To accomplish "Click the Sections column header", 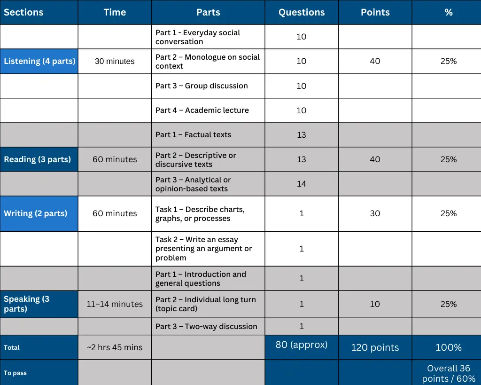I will click(x=23, y=12).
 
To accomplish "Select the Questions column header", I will click(x=302, y=12).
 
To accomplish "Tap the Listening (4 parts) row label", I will click(x=39, y=61).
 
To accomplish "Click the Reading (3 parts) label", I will click(x=38, y=159).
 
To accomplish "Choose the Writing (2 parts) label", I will click(x=36, y=213).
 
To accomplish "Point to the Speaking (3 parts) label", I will click(x=26, y=304).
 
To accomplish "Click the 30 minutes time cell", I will click(x=115, y=61).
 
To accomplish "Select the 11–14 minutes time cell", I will click(x=115, y=304).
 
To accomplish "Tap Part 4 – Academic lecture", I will click(x=202, y=110).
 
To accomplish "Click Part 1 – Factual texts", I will click(x=194, y=135).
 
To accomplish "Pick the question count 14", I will click(x=302, y=184).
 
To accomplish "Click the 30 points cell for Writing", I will click(x=375, y=213).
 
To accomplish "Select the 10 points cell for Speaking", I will click(x=375, y=304).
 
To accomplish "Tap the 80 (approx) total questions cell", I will click(x=302, y=345).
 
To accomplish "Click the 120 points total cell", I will click(x=375, y=347).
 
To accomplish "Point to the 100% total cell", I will click(x=449, y=347).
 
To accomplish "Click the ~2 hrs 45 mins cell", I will click(x=115, y=347).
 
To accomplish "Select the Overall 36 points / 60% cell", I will click(x=449, y=373).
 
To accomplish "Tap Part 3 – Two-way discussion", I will click(x=206, y=327).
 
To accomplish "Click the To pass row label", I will click(x=16, y=373).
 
